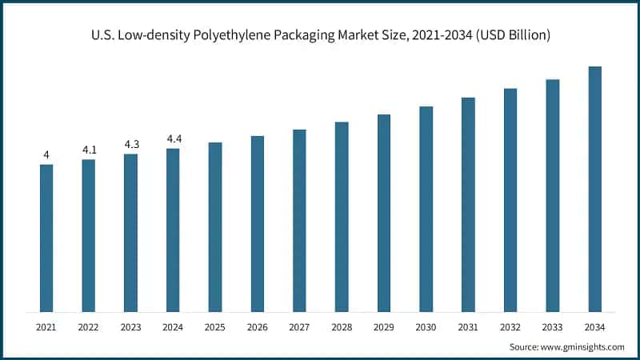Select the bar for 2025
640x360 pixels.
[x=215, y=227]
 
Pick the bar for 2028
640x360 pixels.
[x=342, y=217]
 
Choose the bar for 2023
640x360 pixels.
[x=130, y=233]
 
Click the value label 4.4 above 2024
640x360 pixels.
[x=174, y=139]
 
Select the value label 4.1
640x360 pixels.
[x=89, y=150]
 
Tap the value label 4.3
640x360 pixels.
[x=131, y=144]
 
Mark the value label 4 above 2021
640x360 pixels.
[x=46, y=154]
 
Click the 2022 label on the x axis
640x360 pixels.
[x=89, y=326]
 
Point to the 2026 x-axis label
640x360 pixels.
[x=258, y=326]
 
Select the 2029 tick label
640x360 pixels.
[x=384, y=326]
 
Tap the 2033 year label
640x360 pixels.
[x=553, y=326]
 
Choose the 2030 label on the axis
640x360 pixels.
[x=426, y=326]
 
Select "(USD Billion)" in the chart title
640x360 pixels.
[x=506, y=35]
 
